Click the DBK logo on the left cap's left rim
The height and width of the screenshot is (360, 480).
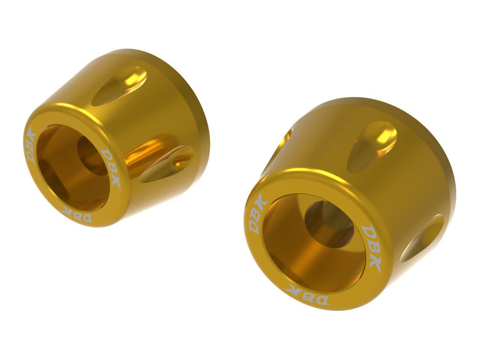(x=31, y=145)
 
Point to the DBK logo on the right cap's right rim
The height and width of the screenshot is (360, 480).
(x=371, y=248)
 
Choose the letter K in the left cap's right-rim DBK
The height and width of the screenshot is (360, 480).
(x=115, y=181)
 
